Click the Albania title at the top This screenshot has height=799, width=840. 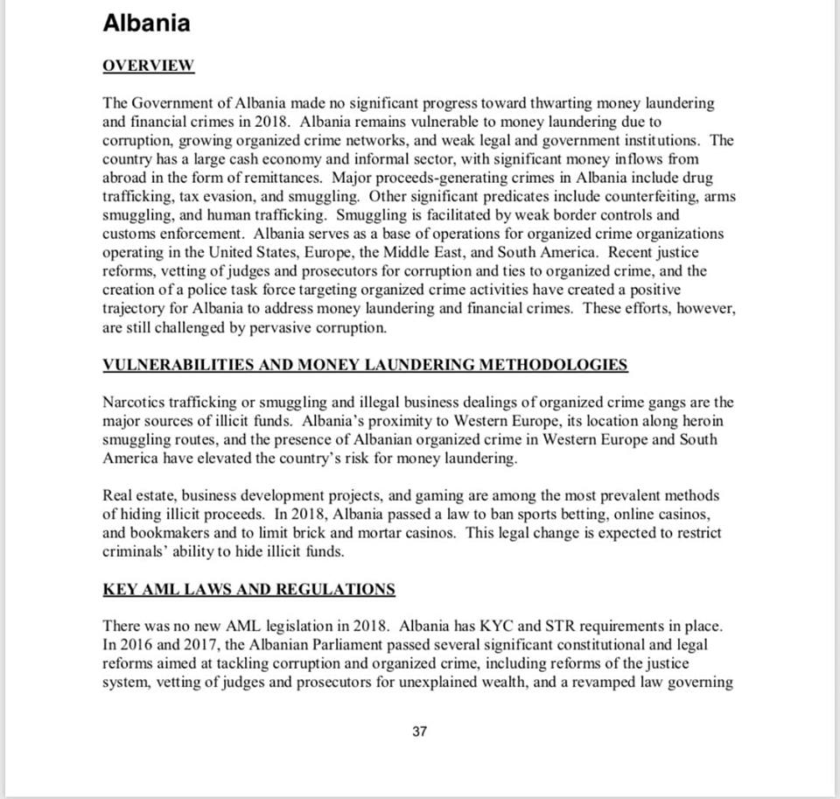click(146, 24)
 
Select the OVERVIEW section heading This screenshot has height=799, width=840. click(148, 67)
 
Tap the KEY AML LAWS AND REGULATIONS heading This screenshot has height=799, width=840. click(248, 589)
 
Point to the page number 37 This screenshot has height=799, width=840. click(419, 732)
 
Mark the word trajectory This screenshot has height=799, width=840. click(134, 308)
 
